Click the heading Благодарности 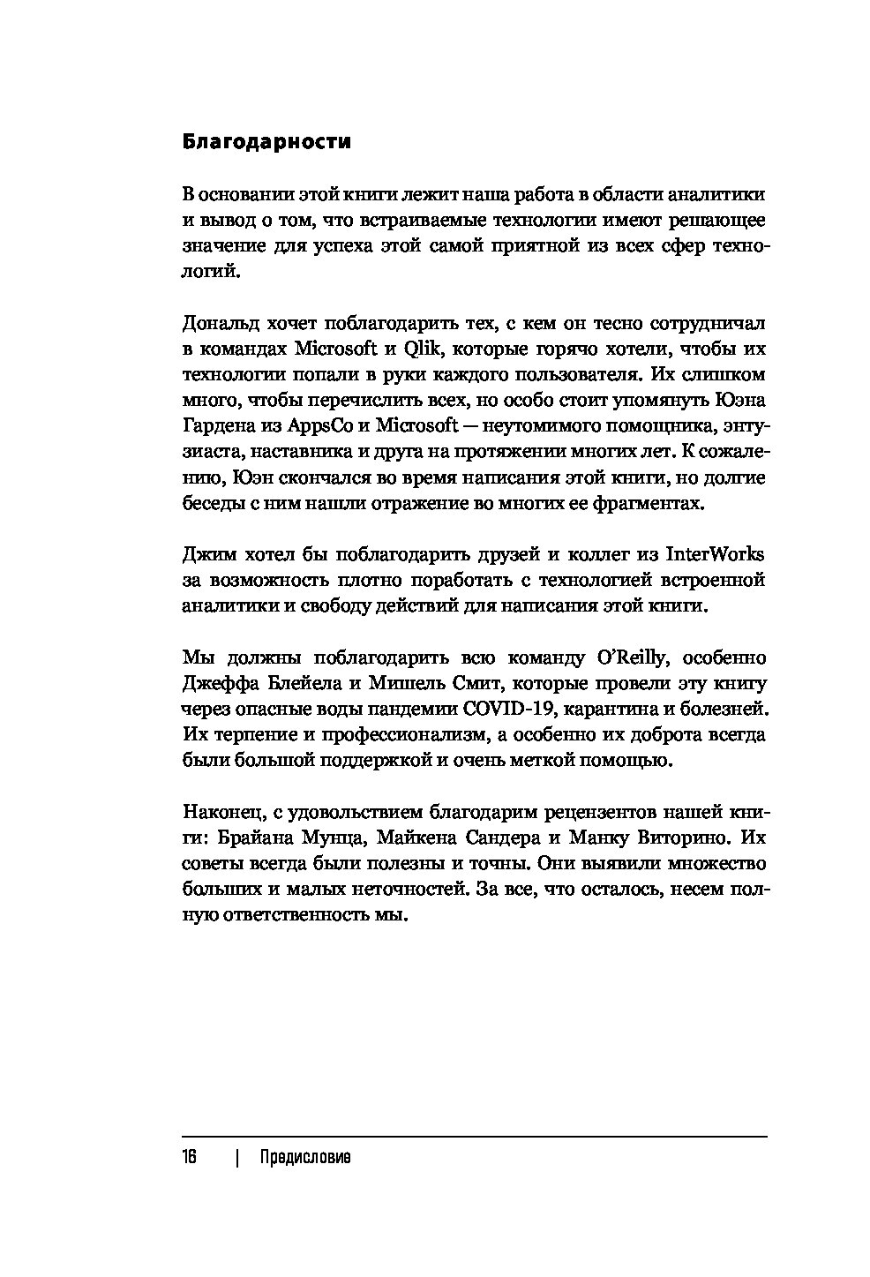(x=266, y=141)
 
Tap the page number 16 (x=190, y=1158)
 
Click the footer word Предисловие (x=305, y=1158)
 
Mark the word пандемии (x=411, y=709)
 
